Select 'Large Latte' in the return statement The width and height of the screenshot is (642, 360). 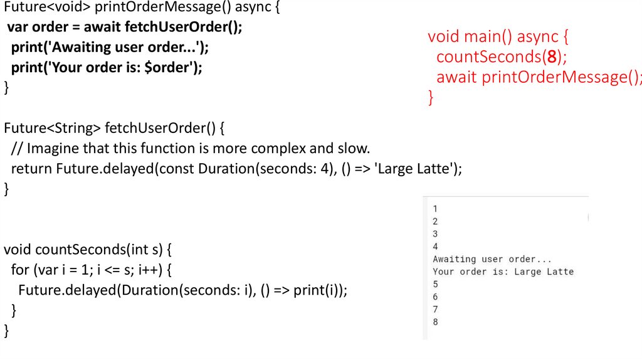tap(413, 169)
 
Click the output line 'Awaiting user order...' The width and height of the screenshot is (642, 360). tap(492, 259)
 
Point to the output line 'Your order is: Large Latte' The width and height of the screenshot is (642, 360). tap(503, 272)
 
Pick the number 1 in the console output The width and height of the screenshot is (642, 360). tap(435, 209)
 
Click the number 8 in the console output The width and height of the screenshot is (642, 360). tap(435, 322)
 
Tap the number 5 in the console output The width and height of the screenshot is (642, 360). tap(435, 284)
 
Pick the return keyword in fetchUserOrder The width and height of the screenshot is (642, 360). tap(31, 169)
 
